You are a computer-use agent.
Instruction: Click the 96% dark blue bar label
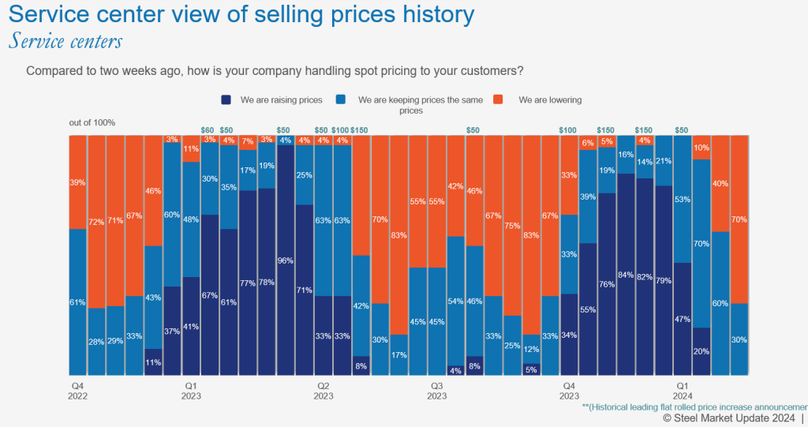point(285,260)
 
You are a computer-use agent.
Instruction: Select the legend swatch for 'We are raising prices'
point(226,100)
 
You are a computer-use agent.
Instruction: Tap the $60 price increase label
point(208,129)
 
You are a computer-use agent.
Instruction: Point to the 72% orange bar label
point(96,223)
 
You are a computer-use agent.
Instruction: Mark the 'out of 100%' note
point(92,122)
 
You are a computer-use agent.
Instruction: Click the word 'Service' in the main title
point(55,14)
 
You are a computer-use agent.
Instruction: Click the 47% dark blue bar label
point(683,319)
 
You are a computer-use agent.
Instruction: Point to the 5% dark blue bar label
point(531,368)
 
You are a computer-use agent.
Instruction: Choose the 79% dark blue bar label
point(664,281)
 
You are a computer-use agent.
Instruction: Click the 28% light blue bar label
point(96,341)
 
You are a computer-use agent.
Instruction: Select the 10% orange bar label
point(701,148)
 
